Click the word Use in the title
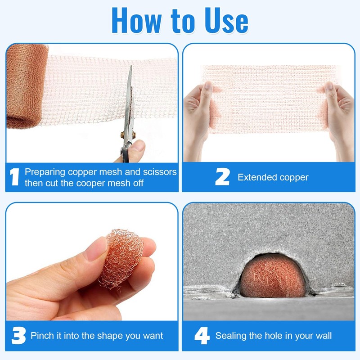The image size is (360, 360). point(226,21)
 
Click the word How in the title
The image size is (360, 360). point(136,20)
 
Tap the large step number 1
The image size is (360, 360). point(15,176)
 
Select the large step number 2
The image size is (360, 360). point(222,176)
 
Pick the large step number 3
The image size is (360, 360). point(18,335)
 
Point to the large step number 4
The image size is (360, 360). point(202,335)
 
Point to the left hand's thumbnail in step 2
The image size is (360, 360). point(208,85)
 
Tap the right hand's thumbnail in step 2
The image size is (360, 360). point(329,86)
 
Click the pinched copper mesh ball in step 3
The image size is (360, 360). point(121,258)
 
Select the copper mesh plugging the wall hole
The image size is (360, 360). point(273,279)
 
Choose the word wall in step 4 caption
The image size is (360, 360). point(324,336)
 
